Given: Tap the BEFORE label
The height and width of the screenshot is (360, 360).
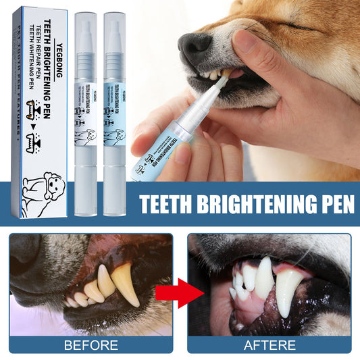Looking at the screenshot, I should pos(91,346).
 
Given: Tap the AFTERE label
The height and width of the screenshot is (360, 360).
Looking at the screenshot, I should pos(269,346).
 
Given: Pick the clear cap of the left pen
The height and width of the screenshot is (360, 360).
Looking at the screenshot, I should pos(86,41).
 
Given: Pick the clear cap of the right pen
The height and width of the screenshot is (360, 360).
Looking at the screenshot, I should pos(115,41).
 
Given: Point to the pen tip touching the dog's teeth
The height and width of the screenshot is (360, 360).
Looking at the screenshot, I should pos(226,74).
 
